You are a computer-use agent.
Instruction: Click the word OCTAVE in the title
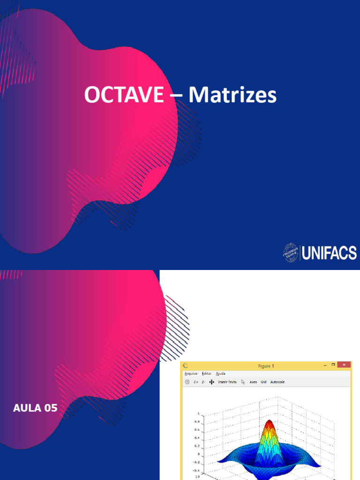coord(124,96)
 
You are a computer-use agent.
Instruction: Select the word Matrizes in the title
coord(232,96)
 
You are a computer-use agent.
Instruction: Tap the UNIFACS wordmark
coord(329,254)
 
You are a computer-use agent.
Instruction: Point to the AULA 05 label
coord(35,408)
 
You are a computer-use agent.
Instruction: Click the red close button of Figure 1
coord(345,365)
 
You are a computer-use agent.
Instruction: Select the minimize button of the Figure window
coord(325,365)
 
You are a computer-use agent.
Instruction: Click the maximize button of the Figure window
coord(334,365)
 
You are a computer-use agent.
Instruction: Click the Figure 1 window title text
coord(266,366)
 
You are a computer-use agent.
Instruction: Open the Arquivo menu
coord(191,374)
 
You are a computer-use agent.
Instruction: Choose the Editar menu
coord(206,374)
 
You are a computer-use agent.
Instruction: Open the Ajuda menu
coord(220,374)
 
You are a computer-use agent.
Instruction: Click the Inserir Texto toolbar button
coord(227,382)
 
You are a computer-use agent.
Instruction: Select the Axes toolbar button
coord(253,382)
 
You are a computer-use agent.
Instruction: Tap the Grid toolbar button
coord(263,382)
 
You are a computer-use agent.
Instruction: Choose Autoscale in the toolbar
coord(277,382)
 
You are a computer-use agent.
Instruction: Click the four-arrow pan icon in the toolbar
coord(211,382)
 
